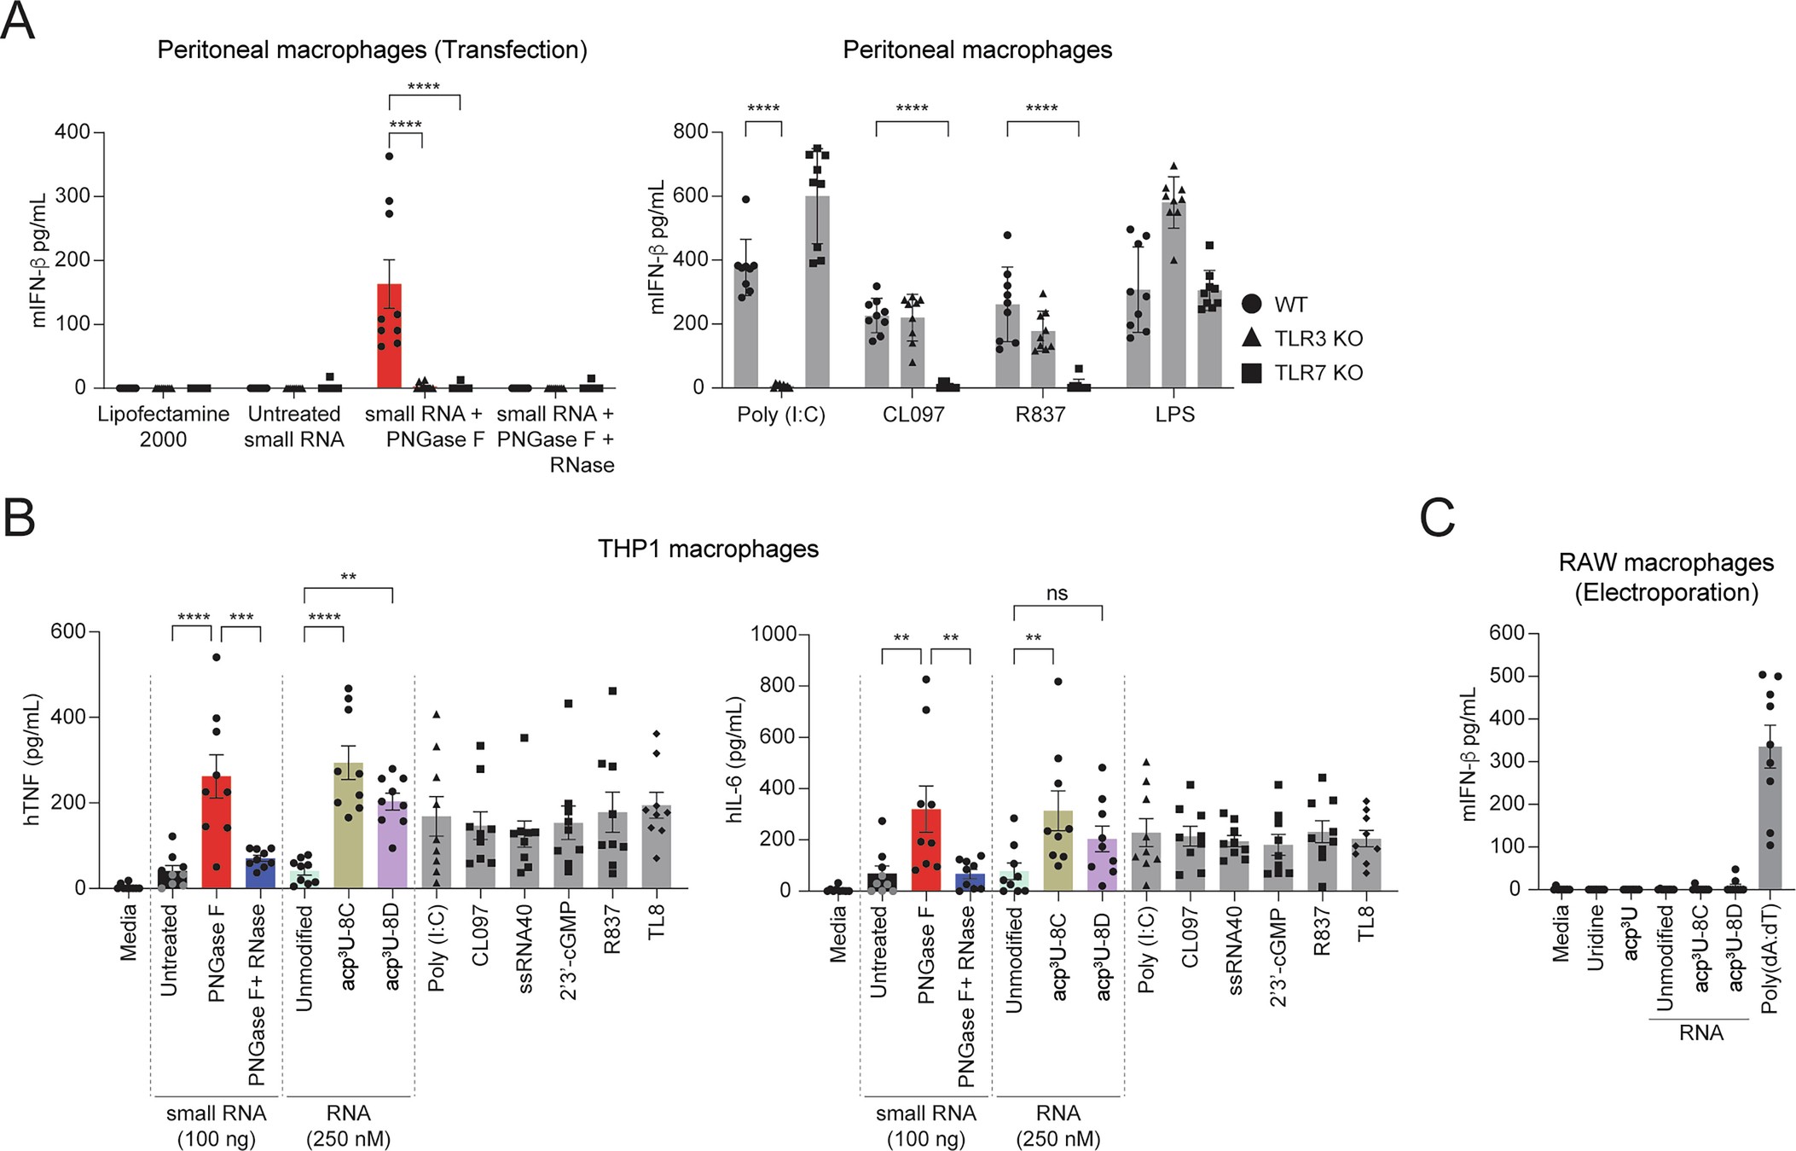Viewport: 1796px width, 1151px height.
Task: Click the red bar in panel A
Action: (389, 337)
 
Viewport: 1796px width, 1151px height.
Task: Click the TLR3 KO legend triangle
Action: (1252, 338)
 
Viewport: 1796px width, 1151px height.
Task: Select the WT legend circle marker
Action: (1252, 304)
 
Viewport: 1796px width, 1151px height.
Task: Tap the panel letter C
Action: (1437, 518)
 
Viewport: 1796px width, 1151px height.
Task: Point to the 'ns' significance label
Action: (1057, 593)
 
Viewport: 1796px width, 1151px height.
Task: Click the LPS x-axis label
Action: (1174, 416)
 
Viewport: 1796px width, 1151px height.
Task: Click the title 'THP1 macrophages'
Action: (708, 549)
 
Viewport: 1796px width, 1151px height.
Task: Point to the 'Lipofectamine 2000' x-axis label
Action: (163, 427)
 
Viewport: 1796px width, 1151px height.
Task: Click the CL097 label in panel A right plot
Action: (912, 416)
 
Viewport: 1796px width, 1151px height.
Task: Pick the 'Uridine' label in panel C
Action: (1596, 936)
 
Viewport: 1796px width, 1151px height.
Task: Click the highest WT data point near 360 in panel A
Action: (389, 156)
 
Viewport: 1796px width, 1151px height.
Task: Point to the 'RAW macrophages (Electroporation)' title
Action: (1666, 577)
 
